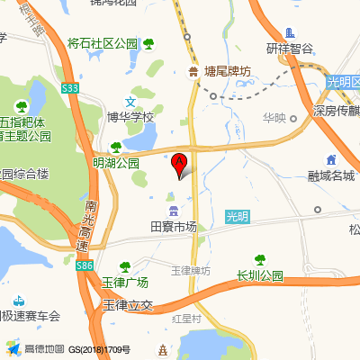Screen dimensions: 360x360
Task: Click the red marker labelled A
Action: pos(178,164)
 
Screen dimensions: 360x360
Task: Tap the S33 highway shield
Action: pos(71,88)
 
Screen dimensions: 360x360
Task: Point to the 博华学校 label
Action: pos(131,117)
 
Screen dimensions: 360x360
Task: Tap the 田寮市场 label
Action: pos(173,228)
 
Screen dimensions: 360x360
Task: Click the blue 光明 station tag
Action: pos(236,216)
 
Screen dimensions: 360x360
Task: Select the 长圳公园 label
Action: pos(259,275)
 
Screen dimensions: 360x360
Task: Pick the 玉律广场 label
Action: pos(124,282)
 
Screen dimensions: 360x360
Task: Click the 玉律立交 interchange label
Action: pos(130,306)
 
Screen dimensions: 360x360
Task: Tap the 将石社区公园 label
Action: pos(103,43)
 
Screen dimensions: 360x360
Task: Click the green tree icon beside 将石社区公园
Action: pos(148,43)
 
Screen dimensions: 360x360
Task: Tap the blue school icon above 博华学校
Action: pos(131,102)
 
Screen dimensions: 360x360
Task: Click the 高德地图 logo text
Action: pos(44,348)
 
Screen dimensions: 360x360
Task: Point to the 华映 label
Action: pos(274,117)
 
